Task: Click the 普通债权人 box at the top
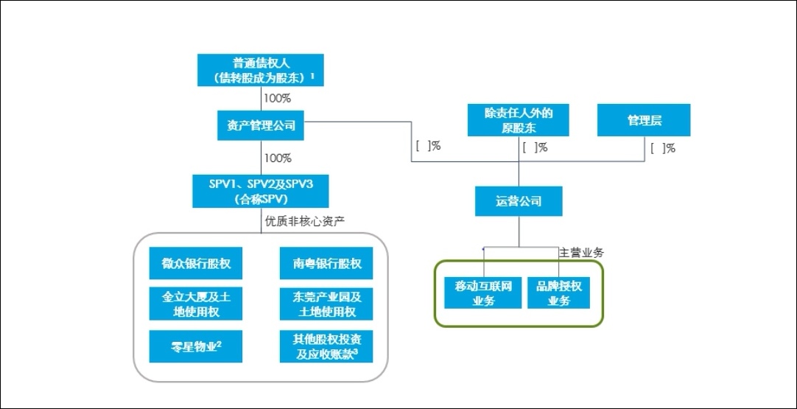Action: click(261, 69)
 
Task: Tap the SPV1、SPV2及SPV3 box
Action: click(261, 191)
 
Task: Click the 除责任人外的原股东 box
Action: click(519, 120)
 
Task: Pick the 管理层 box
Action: click(644, 120)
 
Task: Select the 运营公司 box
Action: click(519, 200)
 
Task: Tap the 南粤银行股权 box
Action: click(326, 264)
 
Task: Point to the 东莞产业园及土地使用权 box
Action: click(326, 304)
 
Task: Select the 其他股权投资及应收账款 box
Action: click(326, 346)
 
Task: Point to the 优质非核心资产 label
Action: click(304, 220)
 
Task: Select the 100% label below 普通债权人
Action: click(278, 97)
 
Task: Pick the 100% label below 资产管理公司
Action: click(278, 158)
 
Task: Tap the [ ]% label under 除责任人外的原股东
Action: click(535, 147)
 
